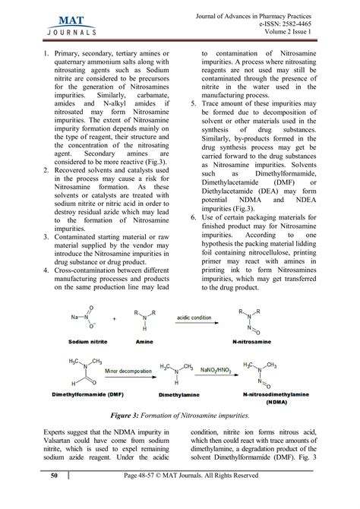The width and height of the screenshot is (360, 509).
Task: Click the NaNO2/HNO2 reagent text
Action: (x=221, y=369)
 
